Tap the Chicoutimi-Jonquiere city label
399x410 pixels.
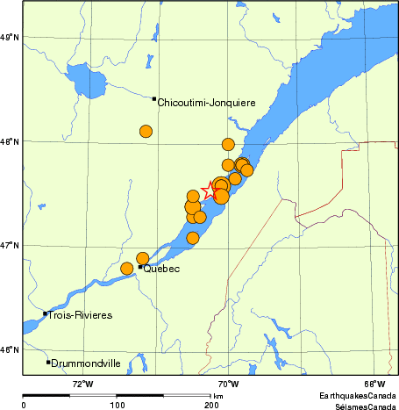[x=207, y=103]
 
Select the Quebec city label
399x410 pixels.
[x=161, y=269]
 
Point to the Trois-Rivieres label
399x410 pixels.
[x=81, y=314]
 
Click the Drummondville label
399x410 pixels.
[x=86, y=363]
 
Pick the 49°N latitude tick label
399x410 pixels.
[x=11, y=37]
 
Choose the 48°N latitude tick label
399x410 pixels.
[x=11, y=140]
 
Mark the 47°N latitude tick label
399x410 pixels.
[x=11, y=245]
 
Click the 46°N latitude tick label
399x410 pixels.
[x=11, y=350]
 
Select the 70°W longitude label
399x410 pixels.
[x=228, y=383]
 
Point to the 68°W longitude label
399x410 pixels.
[x=374, y=383]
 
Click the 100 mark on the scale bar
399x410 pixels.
[x=117, y=406]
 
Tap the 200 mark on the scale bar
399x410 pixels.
[x=210, y=406]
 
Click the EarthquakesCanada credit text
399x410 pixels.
[x=356, y=394]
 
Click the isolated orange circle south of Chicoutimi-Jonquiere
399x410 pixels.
[x=146, y=132]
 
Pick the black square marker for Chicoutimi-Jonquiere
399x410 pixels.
[x=154, y=99]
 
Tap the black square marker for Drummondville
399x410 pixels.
[x=48, y=362]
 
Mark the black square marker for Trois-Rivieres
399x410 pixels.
[x=45, y=313]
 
